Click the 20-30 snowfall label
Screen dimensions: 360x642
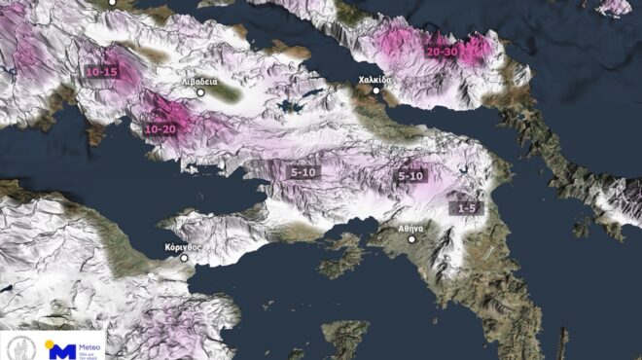point(444,51)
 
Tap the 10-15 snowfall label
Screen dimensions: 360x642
point(102,72)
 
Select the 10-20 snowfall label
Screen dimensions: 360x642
point(160,128)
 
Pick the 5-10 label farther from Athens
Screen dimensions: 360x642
point(303,172)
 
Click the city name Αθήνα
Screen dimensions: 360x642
point(411,227)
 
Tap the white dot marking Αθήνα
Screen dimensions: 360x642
point(412,238)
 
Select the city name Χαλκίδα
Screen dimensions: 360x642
point(374,80)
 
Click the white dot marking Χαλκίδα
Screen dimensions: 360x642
point(377,90)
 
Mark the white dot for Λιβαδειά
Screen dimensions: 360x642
point(201,92)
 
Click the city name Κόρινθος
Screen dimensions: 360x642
point(182,247)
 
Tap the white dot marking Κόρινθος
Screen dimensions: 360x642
point(184,258)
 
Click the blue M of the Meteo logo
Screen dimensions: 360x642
point(60,349)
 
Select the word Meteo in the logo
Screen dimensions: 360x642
point(89,342)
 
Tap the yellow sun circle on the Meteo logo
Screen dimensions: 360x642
point(52,342)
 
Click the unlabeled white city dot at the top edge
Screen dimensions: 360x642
point(112,2)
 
